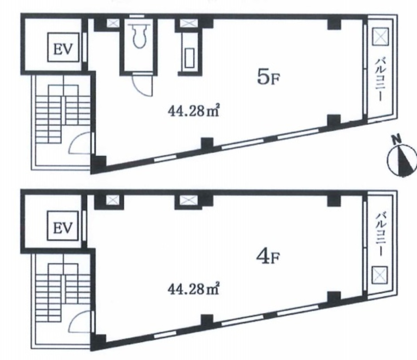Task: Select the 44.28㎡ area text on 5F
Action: [193, 111]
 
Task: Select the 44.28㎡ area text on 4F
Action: [193, 289]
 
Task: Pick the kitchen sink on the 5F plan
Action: [189, 58]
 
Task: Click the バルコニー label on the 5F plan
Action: [380, 80]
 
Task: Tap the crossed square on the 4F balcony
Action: [380, 275]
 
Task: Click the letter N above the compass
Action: [395, 139]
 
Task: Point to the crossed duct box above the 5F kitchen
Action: [189, 23]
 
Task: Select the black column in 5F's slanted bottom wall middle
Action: [207, 144]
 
